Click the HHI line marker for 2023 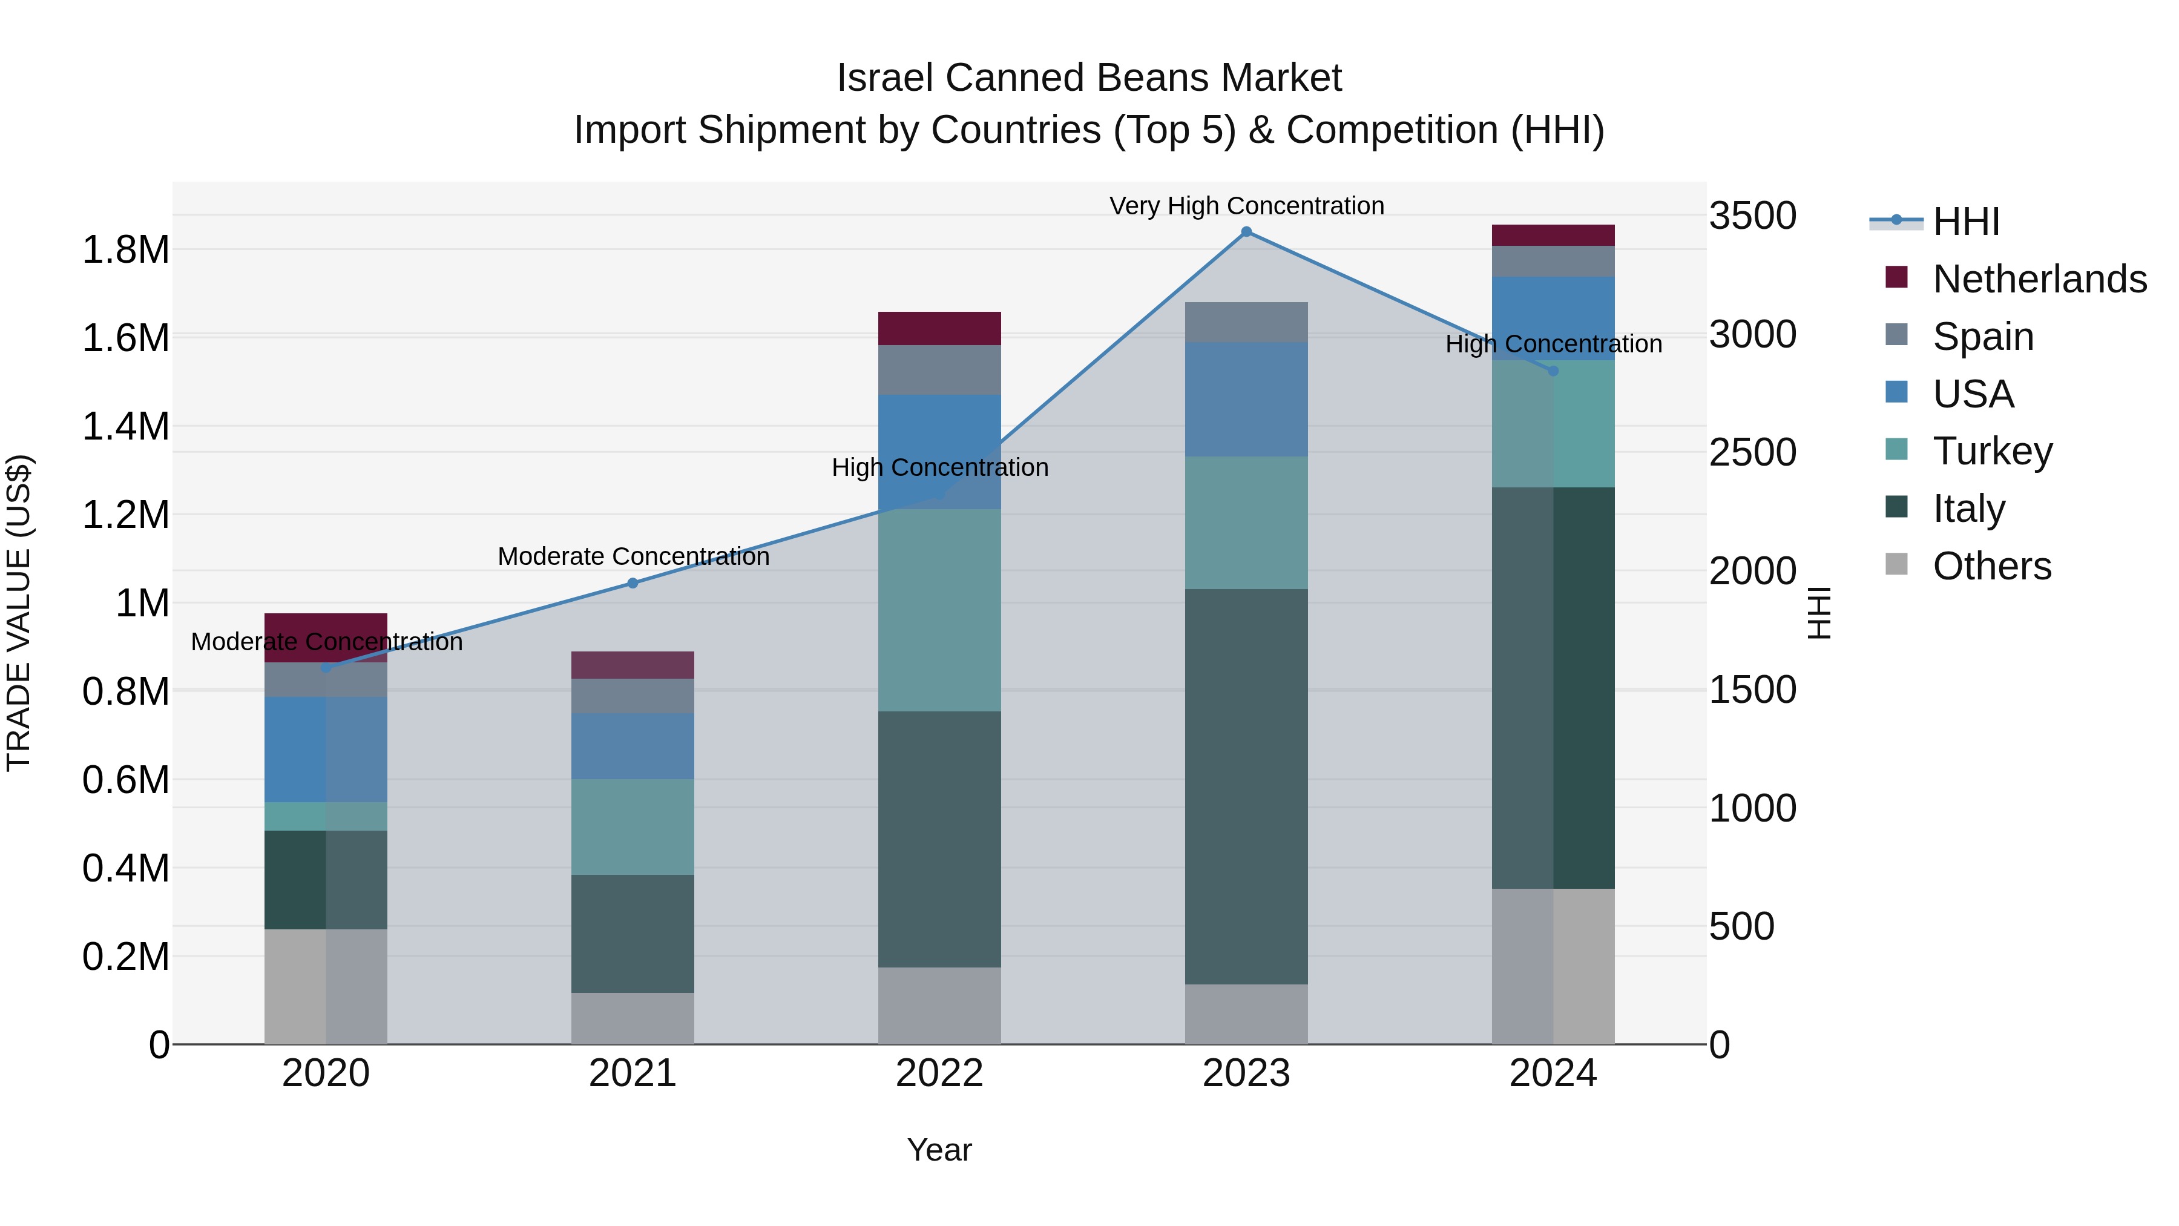tap(1246, 232)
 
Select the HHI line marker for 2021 tap(633, 583)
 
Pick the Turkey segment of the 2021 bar tap(633, 826)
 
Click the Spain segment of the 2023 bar tap(1246, 321)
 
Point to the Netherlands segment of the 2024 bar tap(1553, 236)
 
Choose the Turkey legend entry tap(1991, 451)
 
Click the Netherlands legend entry tap(2039, 279)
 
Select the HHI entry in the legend tap(1965, 222)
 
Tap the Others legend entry tap(1991, 566)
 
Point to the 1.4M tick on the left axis tap(125, 426)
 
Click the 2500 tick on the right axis tap(1753, 453)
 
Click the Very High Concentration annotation tap(1246, 206)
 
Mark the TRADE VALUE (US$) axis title tap(19, 613)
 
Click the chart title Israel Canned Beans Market tap(1089, 78)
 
